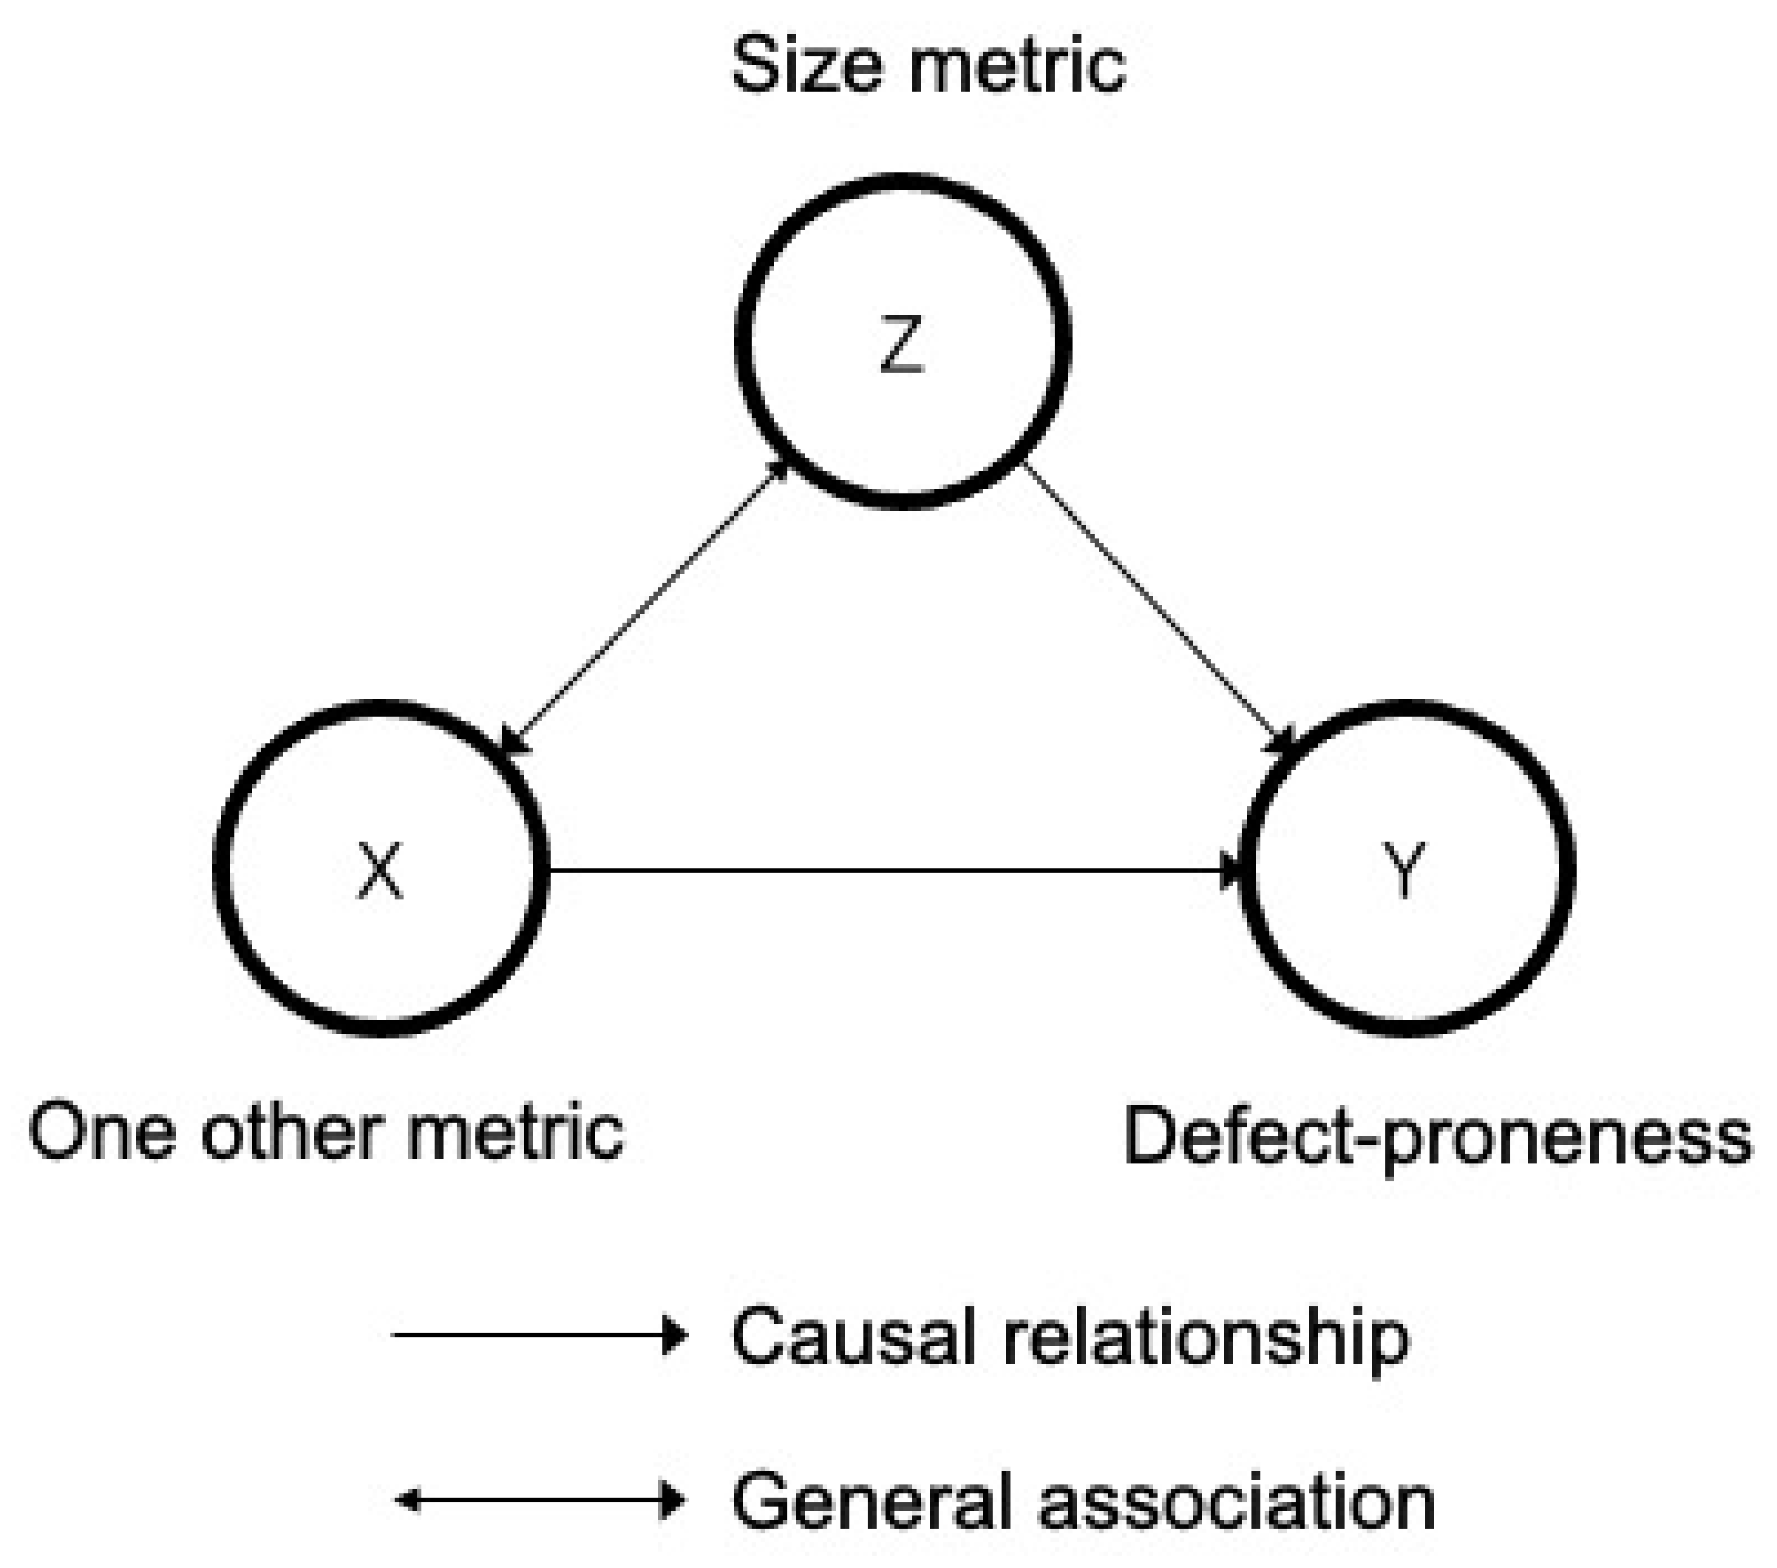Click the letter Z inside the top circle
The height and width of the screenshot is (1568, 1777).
coord(902,345)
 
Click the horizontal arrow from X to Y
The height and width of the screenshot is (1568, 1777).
coord(887,870)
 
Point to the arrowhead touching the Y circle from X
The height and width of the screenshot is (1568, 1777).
coord(1233,870)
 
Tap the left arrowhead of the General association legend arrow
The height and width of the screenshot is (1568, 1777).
coord(407,1500)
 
